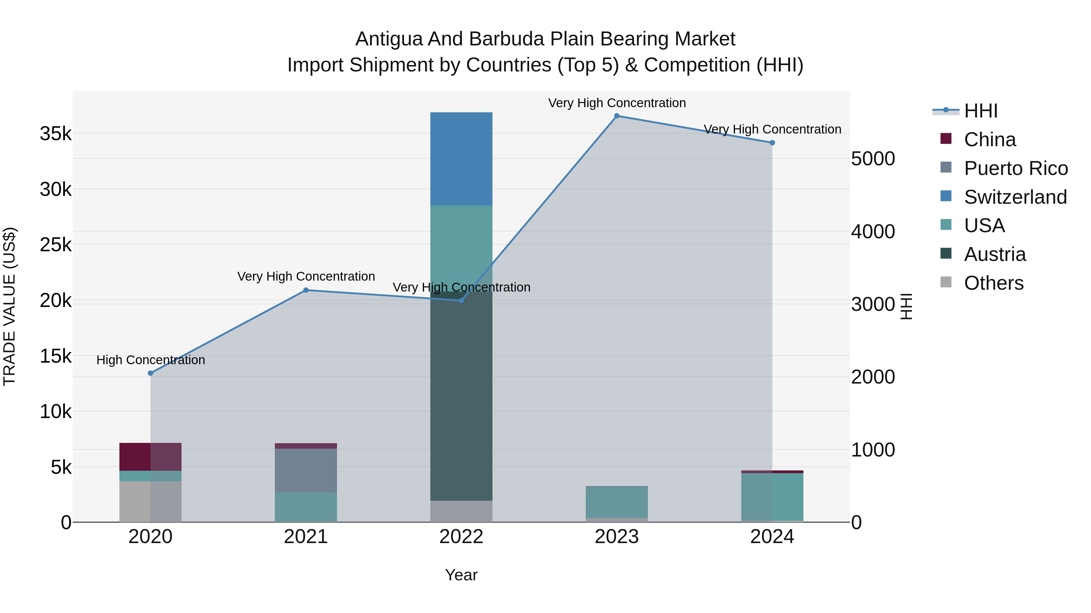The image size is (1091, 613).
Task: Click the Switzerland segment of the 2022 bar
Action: pyautogui.click(x=461, y=159)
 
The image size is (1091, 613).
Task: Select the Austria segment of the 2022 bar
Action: pyautogui.click(x=461, y=396)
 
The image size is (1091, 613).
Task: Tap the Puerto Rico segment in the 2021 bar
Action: pyautogui.click(x=306, y=470)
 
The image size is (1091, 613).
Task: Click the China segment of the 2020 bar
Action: pyautogui.click(x=150, y=456)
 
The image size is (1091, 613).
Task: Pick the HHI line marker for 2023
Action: pyautogui.click(x=617, y=116)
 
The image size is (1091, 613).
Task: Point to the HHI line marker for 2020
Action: pyautogui.click(x=150, y=373)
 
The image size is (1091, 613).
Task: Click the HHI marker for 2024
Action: pyautogui.click(x=772, y=143)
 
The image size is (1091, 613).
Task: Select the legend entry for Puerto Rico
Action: pyautogui.click(x=1015, y=168)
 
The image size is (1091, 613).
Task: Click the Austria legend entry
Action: pyautogui.click(x=994, y=254)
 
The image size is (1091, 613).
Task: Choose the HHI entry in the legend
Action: pyautogui.click(x=980, y=111)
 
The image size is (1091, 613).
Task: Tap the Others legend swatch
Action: pyautogui.click(x=946, y=282)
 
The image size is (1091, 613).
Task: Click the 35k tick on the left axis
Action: pyautogui.click(x=55, y=134)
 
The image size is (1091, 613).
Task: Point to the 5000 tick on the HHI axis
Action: pyautogui.click(x=873, y=159)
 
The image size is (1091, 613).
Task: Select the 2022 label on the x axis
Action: pyautogui.click(x=461, y=537)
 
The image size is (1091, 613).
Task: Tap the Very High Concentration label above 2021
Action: pyautogui.click(x=306, y=276)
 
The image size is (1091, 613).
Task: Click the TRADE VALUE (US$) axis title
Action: pyautogui.click(x=9, y=306)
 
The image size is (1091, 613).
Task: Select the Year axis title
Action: pyautogui.click(x=461, y=575)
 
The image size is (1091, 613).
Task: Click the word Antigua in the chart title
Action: pyautogui.click(x=389, y=39)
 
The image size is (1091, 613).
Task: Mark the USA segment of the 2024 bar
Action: pyautogui.click(x=772, y=497)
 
